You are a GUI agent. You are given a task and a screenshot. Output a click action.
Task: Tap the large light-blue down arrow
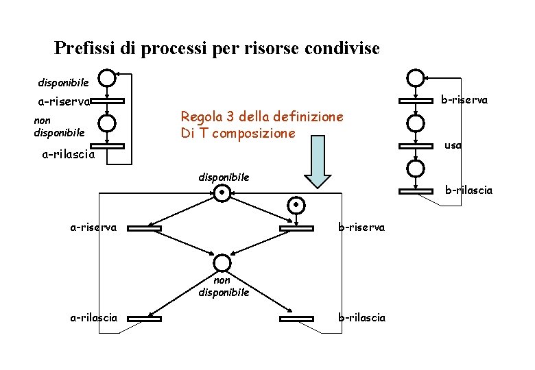(318, 162)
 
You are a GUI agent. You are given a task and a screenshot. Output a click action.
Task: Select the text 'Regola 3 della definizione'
(261, 117)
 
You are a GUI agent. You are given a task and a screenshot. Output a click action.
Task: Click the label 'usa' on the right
(453, 145)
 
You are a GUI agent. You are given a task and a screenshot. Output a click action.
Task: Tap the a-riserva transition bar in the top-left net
(107, 101)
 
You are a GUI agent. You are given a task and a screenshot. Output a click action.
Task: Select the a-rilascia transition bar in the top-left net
(107, 146)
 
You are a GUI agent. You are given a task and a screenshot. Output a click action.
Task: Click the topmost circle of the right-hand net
(415, 78)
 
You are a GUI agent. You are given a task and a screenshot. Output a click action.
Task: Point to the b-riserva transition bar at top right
(415, 101)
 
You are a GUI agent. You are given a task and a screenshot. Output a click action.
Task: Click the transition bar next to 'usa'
(415, 145)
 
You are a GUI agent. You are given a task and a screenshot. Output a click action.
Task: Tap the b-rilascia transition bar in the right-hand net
(415, 190)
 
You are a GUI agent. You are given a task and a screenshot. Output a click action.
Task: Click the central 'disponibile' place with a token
(222, 194)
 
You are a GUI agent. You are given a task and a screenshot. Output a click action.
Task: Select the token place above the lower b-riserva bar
(295, 205)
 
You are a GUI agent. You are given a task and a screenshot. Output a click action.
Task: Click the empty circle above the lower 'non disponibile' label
(222, 262)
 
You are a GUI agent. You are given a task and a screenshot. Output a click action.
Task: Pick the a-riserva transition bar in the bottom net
(144, 227)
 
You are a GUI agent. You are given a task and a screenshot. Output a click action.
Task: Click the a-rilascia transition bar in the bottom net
(144, 318)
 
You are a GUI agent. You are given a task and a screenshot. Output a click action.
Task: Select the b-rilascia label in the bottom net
(361, 318)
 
